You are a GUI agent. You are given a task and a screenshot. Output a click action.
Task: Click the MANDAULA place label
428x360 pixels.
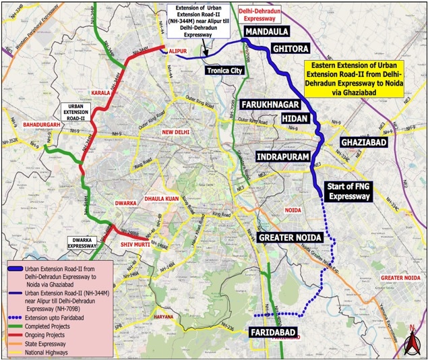(x=270, y=32)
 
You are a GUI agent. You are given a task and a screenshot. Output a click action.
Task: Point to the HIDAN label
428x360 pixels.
(x=293, y=119)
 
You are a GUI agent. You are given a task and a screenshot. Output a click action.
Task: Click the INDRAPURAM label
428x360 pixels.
(x=282, y=156)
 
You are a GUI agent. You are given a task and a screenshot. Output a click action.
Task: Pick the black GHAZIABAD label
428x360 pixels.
(x=363, y=143)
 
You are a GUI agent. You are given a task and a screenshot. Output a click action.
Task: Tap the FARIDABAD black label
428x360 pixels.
(x=274, y=333)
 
